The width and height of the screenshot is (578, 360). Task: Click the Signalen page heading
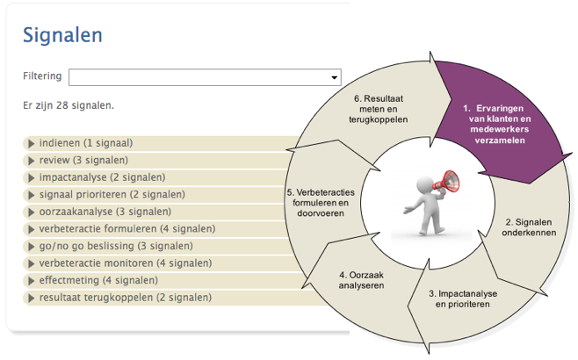pyautogui.click(x=62, y=35)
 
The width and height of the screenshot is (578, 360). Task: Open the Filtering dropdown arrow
pyautogui.click(x=334, y=77)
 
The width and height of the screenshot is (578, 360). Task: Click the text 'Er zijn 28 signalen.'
pyautogui.click(x=69, y=106)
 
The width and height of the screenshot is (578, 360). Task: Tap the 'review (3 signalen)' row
pyautogui.click(x=83, y=160)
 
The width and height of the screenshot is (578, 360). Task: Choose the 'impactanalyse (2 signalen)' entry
pyautogui.click(x=96, y=177)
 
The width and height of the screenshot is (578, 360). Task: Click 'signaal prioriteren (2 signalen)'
pyautogui.click(x=105, y=194)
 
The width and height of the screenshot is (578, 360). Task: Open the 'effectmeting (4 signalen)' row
pyautogui.click(x=98, y=280)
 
